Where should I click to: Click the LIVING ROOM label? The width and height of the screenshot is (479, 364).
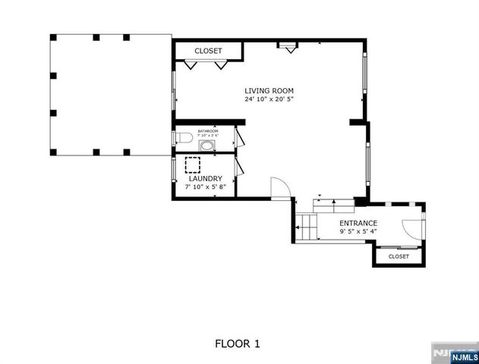pyautogui.click(x=265, y=89)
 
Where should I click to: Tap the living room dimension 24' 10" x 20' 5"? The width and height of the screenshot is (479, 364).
pyautogui.click(x=265, y=99)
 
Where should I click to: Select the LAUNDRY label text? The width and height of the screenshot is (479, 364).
pyautogui.click(x=205, y=179)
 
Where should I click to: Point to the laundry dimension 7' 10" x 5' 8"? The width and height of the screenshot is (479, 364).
pyautogui.click(x=205, y=187)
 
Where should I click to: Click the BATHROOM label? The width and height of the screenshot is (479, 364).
pyautogui.click(x=208, y=131)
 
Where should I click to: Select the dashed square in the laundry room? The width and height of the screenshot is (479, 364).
pyautogui.click(x=192, y=164)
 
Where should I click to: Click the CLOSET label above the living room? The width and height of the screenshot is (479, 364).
pyautogui.click(x=208, y=51)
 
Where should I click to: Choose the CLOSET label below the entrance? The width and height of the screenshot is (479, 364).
pyautogui.click(x=399, y=256)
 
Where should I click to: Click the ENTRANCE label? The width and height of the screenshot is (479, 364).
pyautogui.click(x=358, y=222)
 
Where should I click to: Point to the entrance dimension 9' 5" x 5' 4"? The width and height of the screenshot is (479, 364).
pyautogui.click(x=358, y=231)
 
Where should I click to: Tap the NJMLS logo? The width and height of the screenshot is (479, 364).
pyautogui.click(x=456, y=353)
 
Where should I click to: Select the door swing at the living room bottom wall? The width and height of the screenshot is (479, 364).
pyautogui.click(x=279, y=187)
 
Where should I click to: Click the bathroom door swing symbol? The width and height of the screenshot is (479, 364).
pyautogui.click(x=238, y=139)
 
